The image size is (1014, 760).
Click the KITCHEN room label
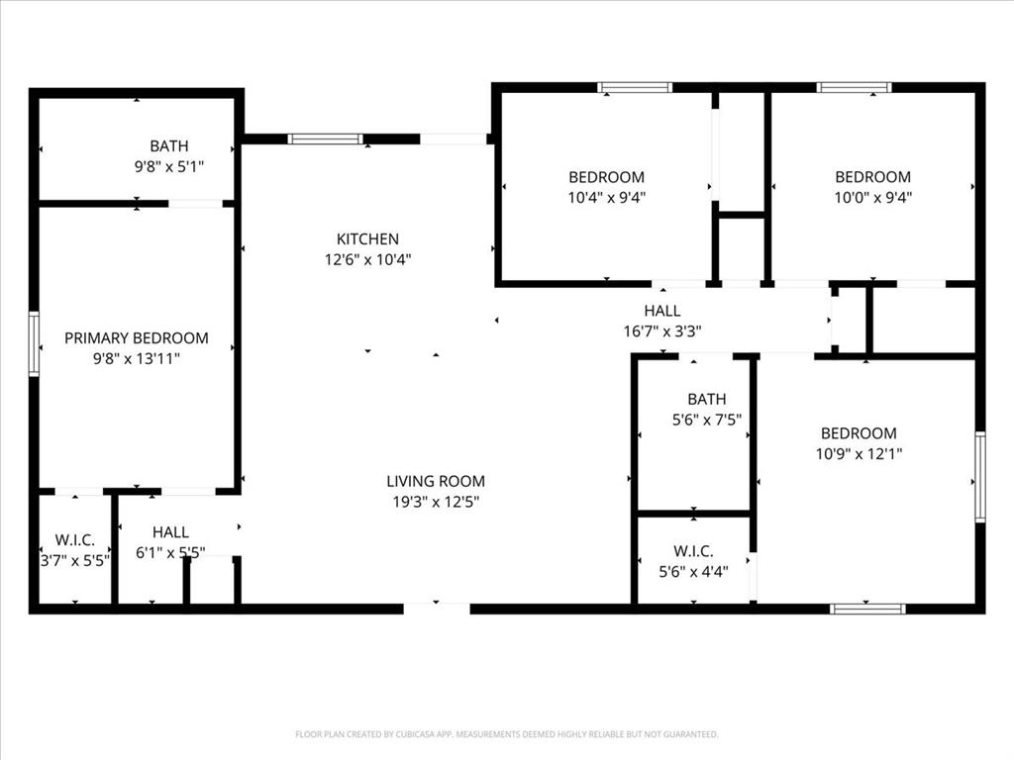tap(367, 238)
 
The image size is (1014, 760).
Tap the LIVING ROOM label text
tap(436, 481)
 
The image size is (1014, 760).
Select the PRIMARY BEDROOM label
tap(137, 338)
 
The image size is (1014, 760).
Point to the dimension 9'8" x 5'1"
tap(169, 167)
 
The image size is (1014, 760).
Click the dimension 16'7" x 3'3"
tap(661, 332)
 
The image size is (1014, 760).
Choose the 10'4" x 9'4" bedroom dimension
tap(606, 197)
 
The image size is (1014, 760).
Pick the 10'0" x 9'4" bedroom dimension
tap(872, 197)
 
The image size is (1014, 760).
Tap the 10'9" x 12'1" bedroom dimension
tap(859, 454)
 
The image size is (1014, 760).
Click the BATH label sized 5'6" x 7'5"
tap(706, 399)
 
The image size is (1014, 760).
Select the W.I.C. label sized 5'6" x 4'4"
tap(693, 551)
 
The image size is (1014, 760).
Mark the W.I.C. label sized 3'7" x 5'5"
tap(74, 539)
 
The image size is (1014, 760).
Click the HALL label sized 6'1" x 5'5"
tap(170, 532)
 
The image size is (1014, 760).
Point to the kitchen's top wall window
tap(325, 140)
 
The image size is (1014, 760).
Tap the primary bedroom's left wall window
tap(34, 344)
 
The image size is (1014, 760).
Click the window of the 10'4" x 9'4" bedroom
tap(635, 87)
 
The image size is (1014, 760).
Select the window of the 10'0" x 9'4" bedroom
tap(854, 87)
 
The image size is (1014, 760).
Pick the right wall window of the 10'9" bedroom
tap(979, 477)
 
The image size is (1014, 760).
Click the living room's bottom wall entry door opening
tap(436, 608)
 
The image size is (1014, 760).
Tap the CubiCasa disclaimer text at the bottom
tap(506, 734)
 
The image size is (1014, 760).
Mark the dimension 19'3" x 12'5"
tap(436, 502)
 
